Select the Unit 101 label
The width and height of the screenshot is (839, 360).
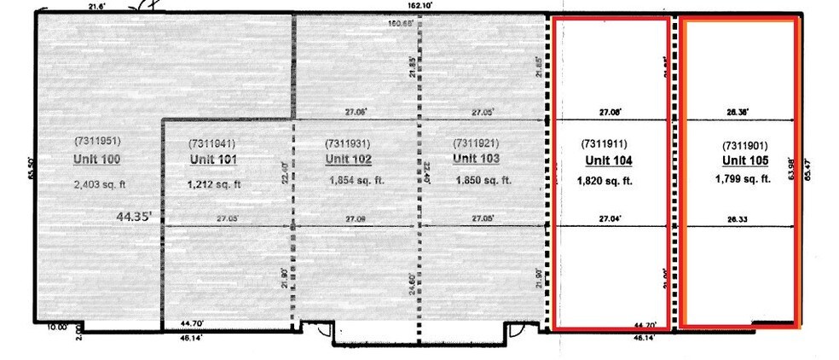pos(212,160)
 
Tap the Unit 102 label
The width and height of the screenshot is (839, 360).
pos(349,159)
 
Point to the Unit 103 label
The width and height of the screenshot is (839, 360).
pos(476,158)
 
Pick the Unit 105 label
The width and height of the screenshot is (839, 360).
pos(745,160)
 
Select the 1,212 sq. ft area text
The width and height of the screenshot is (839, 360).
pos(214,183)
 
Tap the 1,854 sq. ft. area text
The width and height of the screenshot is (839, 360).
pos(356,180)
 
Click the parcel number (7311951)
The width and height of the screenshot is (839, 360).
pos(100,139)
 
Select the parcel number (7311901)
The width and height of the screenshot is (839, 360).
pos(745,144)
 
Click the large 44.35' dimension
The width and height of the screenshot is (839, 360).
pos(136,218)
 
